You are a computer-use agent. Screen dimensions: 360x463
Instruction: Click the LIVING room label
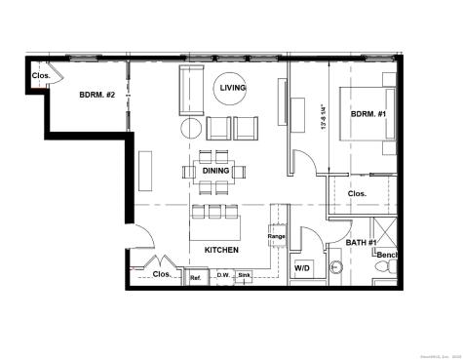coord(234,89)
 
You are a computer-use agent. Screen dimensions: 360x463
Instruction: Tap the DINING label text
coord(216,171)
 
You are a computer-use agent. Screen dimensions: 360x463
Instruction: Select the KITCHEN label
coord(221,250)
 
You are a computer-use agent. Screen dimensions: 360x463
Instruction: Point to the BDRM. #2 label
coord(97,95)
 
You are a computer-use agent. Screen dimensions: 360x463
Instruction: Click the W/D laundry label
coord(303,266)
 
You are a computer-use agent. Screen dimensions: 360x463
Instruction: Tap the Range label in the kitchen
coord(276,237)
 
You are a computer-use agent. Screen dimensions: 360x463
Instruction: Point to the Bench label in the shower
coord(388,256)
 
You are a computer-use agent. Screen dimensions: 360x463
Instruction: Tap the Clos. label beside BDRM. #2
coord(41,75)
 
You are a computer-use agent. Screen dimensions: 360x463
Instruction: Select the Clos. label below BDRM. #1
coord(357,193)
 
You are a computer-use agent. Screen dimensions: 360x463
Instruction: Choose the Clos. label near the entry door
coord(162,274)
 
